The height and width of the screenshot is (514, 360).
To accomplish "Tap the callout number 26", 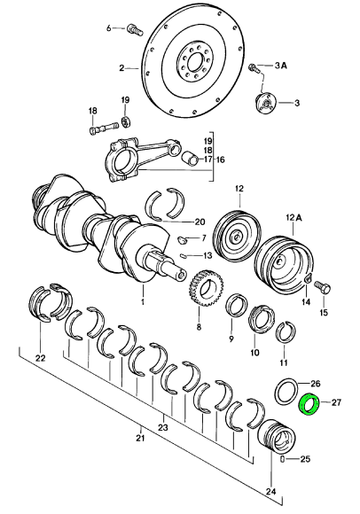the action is [x=315, y=383].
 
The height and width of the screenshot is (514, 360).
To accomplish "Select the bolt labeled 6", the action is [x=135, y=29].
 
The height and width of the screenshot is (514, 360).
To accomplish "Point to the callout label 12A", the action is [x=293, y=217].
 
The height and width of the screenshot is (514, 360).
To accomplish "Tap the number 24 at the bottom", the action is [x=271, y=491].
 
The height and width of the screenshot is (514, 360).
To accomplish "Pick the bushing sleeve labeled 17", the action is [x=191, y=157].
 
